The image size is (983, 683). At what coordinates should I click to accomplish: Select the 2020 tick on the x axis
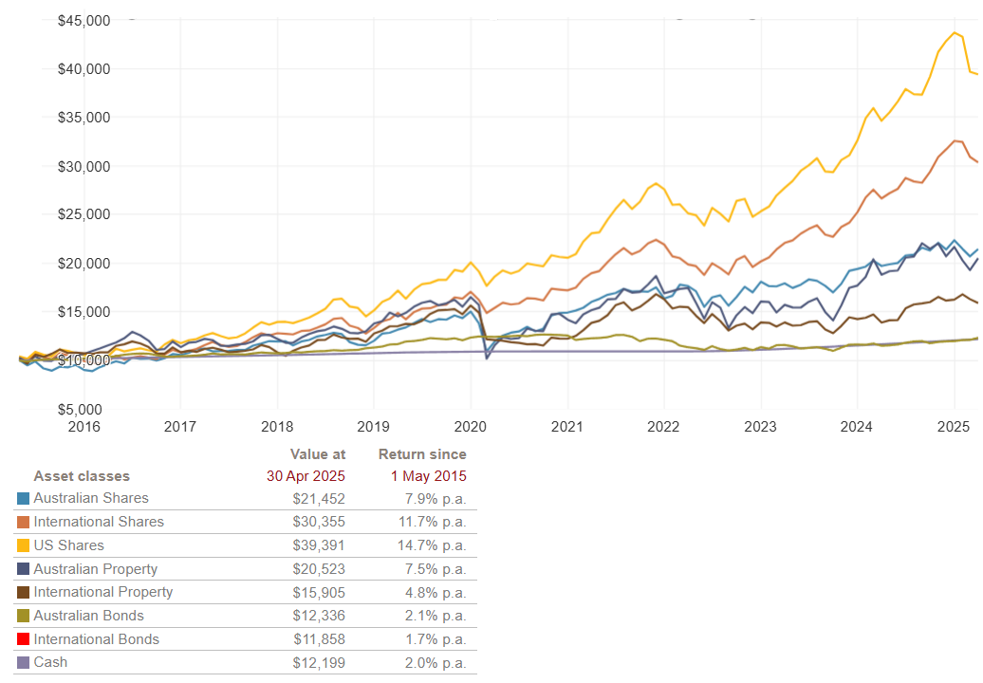(x=470, y=427)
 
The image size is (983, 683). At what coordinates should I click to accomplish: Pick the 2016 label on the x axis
(x=83, y=427)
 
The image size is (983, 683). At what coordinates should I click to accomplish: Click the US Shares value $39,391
(x=319, y=545)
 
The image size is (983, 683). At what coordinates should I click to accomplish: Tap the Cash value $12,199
(x=319, y=662)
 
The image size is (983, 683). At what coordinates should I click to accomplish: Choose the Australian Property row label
(x=95, y=569)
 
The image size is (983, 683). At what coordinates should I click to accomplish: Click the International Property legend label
(x=102, y=592)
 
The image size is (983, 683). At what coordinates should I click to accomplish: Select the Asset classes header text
(x=82, y=476)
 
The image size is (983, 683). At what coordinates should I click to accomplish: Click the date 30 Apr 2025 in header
(x=306, y=476)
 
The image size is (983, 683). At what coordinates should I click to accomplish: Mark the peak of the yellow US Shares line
(x=954, y=32)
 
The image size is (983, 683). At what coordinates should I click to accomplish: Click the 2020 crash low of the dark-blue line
(x=487, y=358)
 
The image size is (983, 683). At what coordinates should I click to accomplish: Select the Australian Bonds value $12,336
(x=319, y=616)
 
